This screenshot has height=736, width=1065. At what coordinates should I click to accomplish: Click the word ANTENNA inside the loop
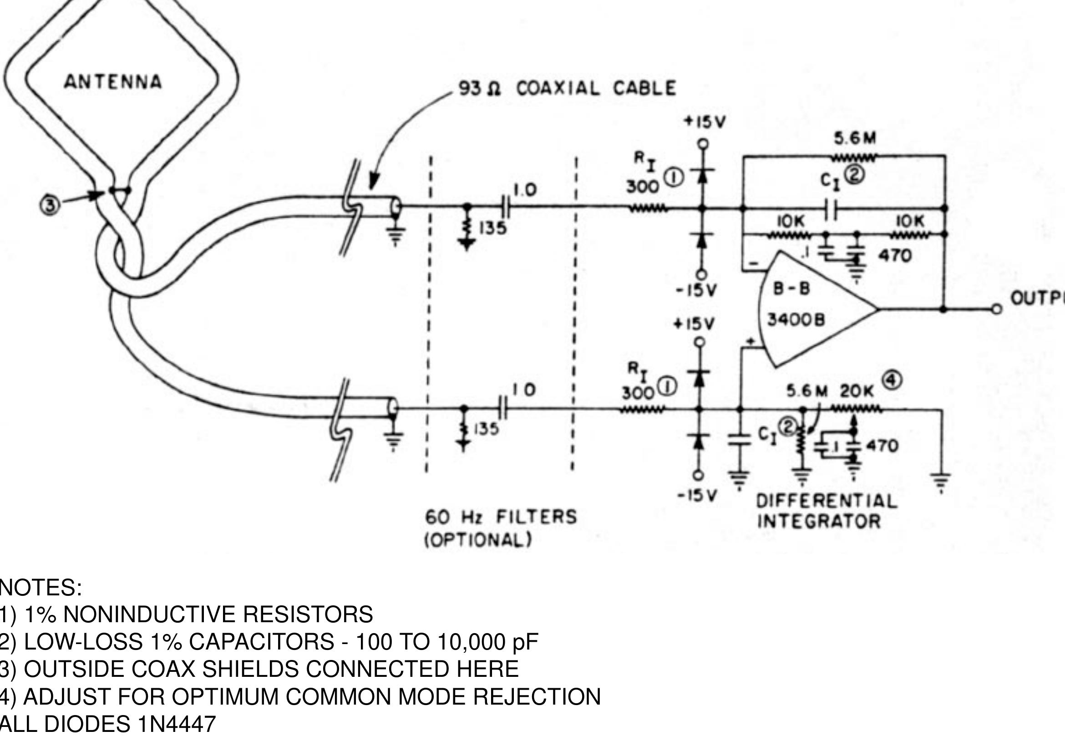coord(113,82)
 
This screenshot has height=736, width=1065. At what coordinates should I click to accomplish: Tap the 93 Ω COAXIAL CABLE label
coord(567,89)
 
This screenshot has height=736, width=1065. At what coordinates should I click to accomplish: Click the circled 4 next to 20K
coord(893,381)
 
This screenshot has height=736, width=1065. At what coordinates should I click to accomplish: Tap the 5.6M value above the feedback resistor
coord(855,138)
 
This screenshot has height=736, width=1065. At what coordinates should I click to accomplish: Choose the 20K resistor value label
coord(857,391)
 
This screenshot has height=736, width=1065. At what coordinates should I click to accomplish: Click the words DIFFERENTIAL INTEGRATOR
coord(827,511)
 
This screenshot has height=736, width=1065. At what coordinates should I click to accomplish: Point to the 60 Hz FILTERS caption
coord(501,517)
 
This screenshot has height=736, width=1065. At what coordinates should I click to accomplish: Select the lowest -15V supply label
coord(697,496)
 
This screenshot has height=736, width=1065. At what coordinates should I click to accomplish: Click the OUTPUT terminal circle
coord(997,310)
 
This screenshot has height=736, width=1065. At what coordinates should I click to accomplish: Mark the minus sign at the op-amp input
coord(754,264)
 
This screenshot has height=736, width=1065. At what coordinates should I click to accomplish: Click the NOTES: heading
coord(41,588)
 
